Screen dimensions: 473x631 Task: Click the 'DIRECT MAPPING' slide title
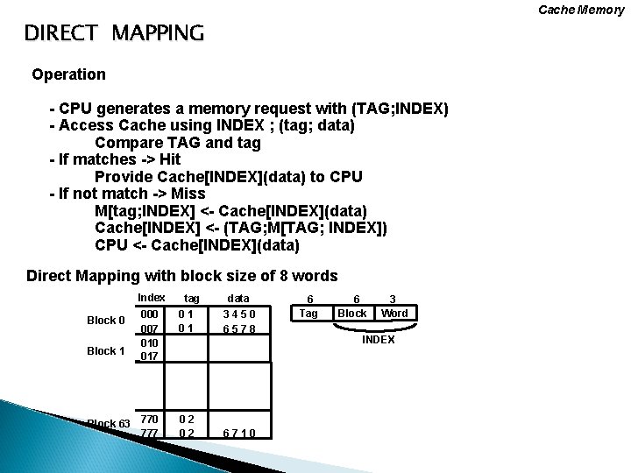pos(114,34)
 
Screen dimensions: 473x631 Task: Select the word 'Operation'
pos(68,74)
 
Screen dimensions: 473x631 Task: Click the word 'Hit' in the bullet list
pos(169,160)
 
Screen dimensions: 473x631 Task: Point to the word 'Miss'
pos(188,194)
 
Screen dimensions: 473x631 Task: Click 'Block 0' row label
pos(106,320)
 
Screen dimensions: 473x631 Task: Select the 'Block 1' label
pos(106,350)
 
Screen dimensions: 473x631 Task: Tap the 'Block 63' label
pos(109,424)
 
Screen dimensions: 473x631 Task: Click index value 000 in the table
pos(151,314)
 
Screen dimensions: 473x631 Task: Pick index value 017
pos(150,357)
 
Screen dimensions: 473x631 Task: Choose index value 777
pos(150,433)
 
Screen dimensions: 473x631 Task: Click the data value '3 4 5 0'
pos(238,314)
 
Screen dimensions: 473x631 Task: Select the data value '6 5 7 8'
pos(238,328)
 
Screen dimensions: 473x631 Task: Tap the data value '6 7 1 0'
pos(238,433)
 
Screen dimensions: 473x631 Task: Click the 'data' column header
pos(238,299)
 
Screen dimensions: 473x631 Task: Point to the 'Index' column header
pos(152,298)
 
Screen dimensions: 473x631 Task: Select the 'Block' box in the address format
pos(352,313)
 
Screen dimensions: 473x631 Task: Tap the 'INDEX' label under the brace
pos(379,340)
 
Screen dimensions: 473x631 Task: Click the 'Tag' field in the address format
pos(309,313)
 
